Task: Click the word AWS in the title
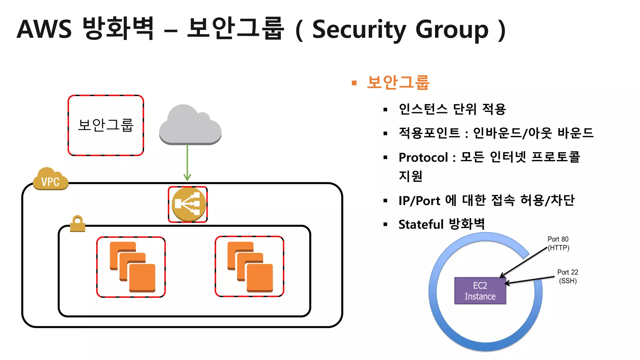tap(44, 29)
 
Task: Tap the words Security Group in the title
tap(400, 30)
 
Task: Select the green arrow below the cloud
tap(187, 162)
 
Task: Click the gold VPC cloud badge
tap(51, 180)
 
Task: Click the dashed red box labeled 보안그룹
tap(106, 125)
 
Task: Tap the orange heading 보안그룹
tap(398, 82)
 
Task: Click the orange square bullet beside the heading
tap(354, 83)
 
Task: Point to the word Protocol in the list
tap(423, 157)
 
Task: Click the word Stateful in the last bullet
tap(421, 224)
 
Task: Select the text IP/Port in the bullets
tap(419, 201)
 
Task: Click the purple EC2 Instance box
tap(480, 291)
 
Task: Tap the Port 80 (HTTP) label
tap(558, 243)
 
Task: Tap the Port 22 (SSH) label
tap(567, 276)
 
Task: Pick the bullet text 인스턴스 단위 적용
tap(452, 109)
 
